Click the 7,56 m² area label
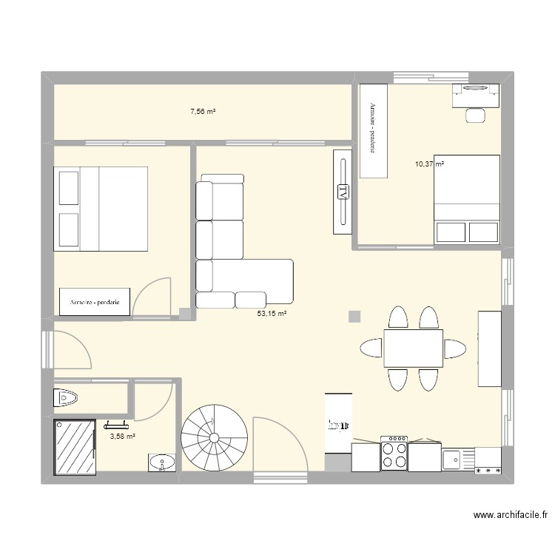click(x=203, y=112)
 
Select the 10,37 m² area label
click(x=429, y=164)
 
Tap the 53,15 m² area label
click(x=271, y=314)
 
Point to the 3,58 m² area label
click(x=122, y=437)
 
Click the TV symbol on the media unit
click(x=342, y=192)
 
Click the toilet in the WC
click(x=67, y=398)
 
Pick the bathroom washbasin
click(x=162, y=464)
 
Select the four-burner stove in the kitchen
click(x=394, y=453)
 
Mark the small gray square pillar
click(x=355, y=317)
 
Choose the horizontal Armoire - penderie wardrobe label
click(x=95, y=302)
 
